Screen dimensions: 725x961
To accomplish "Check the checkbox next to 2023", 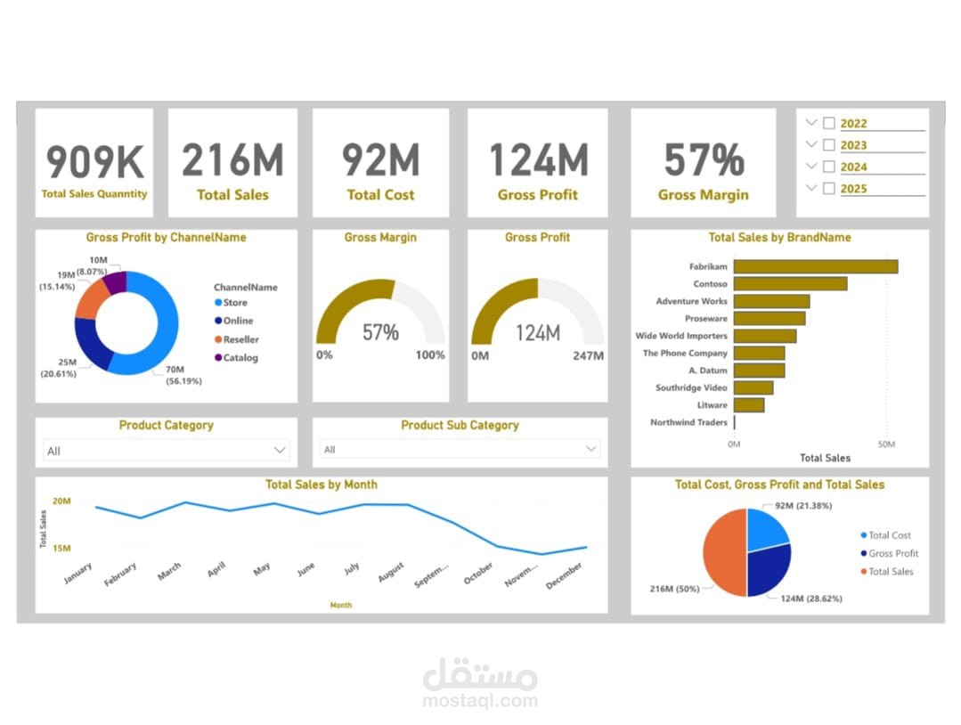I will pyautogui.click(x=829, y=145).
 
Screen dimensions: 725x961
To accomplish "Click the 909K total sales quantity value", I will pyautogui.click(x=94, y=162).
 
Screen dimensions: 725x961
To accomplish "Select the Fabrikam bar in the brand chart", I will pyautogui.click(x=815, y=266).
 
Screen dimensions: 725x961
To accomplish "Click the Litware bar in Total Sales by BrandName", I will pyautogui.click(x=748, y=405).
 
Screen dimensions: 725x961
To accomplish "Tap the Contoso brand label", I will pyautogui.click(x=710, y=284).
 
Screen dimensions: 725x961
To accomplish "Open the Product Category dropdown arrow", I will pyautogui.click(x=280, y=451).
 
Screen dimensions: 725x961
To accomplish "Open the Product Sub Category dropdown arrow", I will pyautogui.click(x=591, y=450).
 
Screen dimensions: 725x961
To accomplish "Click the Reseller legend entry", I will pyautogui.click(x=240, y=339).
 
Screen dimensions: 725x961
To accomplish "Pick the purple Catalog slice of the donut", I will pyautogui.click(x=115, y=283).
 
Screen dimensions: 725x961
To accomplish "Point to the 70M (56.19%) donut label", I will pyautogui.click(x=183, y=375).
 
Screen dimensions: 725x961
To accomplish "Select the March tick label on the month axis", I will pyautogui.click(x=169, y=572).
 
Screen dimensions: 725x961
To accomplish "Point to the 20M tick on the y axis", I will pyautogui.click(x=61, y=501).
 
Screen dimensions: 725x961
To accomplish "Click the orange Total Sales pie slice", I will pyautogui.click(x=723, y=552).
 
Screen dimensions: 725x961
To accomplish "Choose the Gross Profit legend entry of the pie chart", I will pyautogui.click(x=892, y=554).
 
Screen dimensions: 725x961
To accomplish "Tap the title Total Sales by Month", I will pyautogui.click(x=321, y=485).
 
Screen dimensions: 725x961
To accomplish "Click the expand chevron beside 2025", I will pyautogui.click(x=810, y=188).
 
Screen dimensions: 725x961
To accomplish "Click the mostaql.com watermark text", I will pyautogui.click(x=480, y=701).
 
